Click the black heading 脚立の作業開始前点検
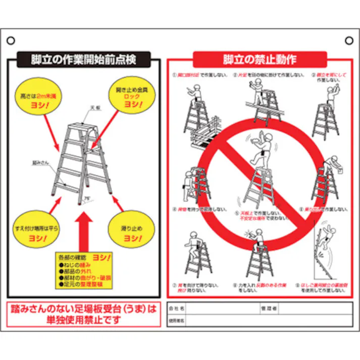pyautogui.click(x=84, y=60)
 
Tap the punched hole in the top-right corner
pyautogui.click(x=349, y=40)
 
